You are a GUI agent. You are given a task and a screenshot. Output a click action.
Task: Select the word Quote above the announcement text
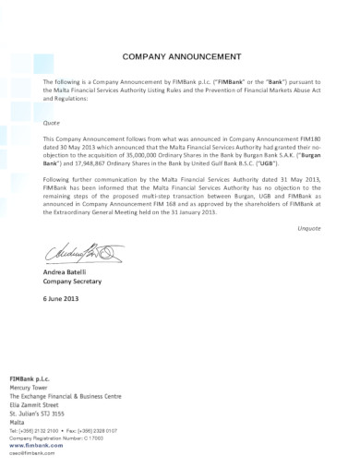point(53,121)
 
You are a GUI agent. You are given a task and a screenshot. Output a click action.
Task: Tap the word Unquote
point(307,226)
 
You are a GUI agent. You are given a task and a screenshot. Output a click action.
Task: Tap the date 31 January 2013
point(190,211)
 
